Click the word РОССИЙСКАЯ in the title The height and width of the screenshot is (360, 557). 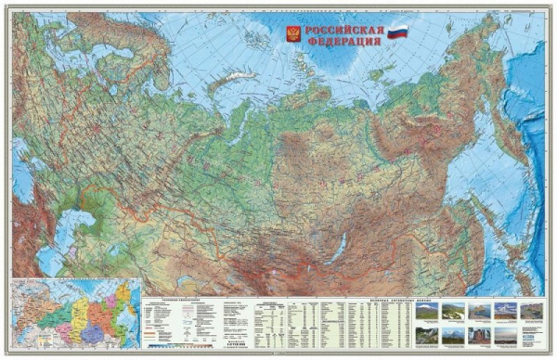343,29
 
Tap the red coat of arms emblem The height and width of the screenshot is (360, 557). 293,34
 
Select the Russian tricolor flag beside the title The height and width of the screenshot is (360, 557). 397,32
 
